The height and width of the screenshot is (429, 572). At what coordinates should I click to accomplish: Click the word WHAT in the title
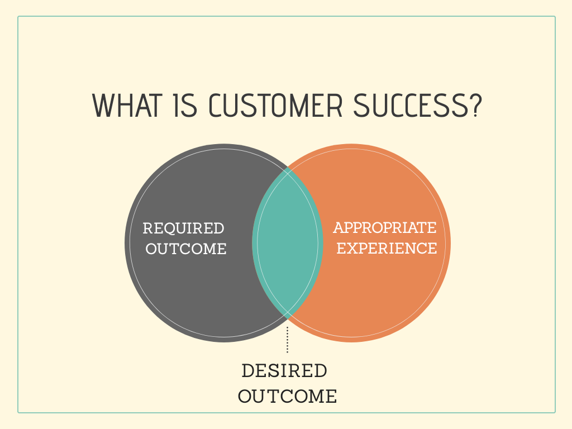click(126, 105)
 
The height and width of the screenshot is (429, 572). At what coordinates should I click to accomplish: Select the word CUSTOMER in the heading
click(273, 105)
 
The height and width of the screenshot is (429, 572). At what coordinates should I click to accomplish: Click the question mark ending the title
click(474, 105)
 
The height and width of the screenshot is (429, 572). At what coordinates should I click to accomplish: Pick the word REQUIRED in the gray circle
click(183, 228)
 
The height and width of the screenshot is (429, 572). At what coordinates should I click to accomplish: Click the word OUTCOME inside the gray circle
click(186, 249)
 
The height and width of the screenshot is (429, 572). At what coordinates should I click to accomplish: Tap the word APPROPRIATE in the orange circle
click(385, 228)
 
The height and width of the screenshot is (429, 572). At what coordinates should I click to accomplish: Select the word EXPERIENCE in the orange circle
click(387, 248)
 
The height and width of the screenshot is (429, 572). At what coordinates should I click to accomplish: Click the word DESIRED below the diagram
click(284, 371)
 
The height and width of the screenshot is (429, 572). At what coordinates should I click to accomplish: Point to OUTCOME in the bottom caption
click(288, 397)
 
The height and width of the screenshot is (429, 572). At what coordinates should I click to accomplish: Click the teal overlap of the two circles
click(287, 244)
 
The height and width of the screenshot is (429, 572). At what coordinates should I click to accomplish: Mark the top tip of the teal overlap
click(288, 168)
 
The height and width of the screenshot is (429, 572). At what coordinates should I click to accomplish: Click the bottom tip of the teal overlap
click(288, 317)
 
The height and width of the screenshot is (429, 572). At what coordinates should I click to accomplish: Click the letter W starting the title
click(103, 105)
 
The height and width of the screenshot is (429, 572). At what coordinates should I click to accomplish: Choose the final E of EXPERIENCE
click(432, 248)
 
